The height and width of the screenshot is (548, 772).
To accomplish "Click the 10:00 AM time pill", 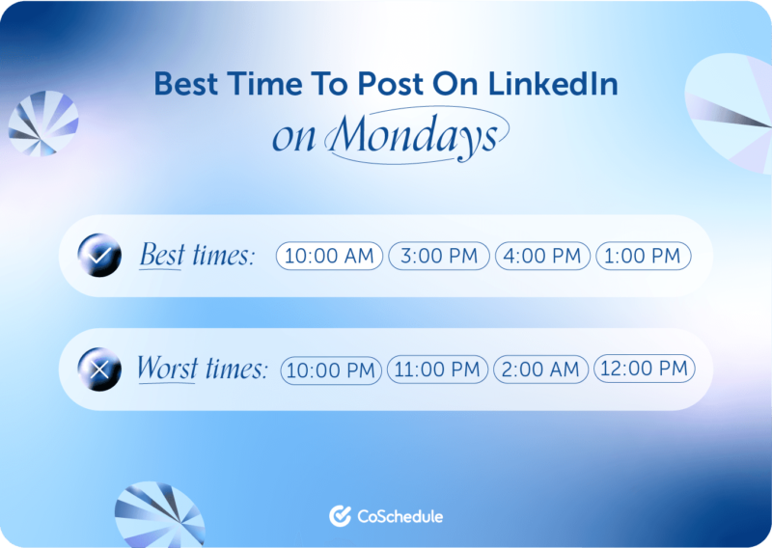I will [x=330, y=256].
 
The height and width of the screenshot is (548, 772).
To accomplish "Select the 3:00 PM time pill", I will [x=439, y=256].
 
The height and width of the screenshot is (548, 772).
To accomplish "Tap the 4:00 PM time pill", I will [x=543, y=256].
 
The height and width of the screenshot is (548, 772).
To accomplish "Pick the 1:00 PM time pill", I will [x=643, y=256].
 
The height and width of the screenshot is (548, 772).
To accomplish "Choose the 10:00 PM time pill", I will [x=331, y=370].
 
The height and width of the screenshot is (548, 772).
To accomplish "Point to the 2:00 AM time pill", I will [x=540, y=370].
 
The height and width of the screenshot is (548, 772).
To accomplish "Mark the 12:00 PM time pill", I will [x=644, y=369].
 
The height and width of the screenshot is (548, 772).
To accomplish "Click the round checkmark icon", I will [x=99, y=256].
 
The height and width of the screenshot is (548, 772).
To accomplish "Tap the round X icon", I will [x=99, y=369].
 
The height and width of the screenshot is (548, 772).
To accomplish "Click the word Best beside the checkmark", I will [x=161, y=256].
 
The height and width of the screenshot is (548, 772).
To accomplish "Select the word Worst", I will [x=167, y=369].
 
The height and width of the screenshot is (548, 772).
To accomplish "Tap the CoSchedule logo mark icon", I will [x=339, y=516].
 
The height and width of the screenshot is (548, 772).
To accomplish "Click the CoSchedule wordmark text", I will [x=400, y=516].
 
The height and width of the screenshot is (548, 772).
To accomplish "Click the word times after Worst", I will [x=234, y=369].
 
